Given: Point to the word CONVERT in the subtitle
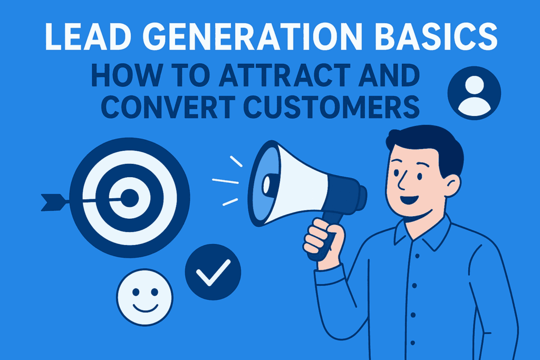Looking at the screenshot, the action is click(x=168, y=107).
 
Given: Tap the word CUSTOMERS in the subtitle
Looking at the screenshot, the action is click(x=331, y=107).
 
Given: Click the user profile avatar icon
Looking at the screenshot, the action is click(x=474, y=93).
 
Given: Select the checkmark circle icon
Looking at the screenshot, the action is click(x=213, y=272).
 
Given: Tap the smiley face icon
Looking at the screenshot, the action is click(x=144, y=297).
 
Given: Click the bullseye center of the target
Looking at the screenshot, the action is click(x=130, y=198).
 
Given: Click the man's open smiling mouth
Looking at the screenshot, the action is click(x=409, y=199).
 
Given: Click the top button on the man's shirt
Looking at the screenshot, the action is click(x=417, y=256).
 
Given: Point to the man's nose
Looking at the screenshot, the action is click(x=401, y=182).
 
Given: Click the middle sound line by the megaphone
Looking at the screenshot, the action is click(x=225, y=181).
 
